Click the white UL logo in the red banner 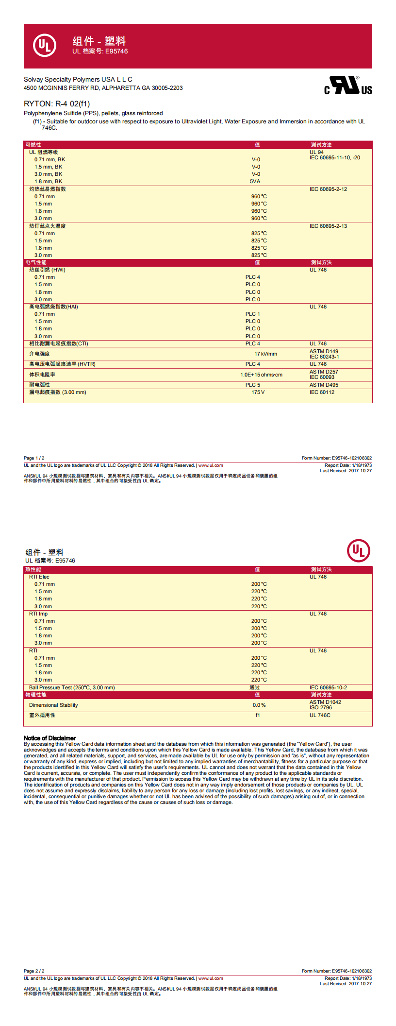[x=45, y=46]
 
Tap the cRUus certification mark [x=348, y=86]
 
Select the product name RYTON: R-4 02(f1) [x=57, y=103]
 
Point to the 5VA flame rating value [x=255, y=181]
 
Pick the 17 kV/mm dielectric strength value [x=265, y=354]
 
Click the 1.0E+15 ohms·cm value [x=261, y=375]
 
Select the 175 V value [x=258, y=392]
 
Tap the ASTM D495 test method [x=324, y=385]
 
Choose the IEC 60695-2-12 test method [x=328, y=189]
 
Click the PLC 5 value [x=252, y=385]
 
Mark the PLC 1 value [x=252, y=314]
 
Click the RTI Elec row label [x=39, y=577]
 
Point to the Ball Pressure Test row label [x=72, y=687]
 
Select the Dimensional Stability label [x=53, y=705]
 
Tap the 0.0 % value [x=259, y=705]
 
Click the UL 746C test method [x=320, y=715]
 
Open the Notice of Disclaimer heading [x=49, y=738]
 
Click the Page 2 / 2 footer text [x=34, y=971]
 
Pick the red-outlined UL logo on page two [x=359, y=551]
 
